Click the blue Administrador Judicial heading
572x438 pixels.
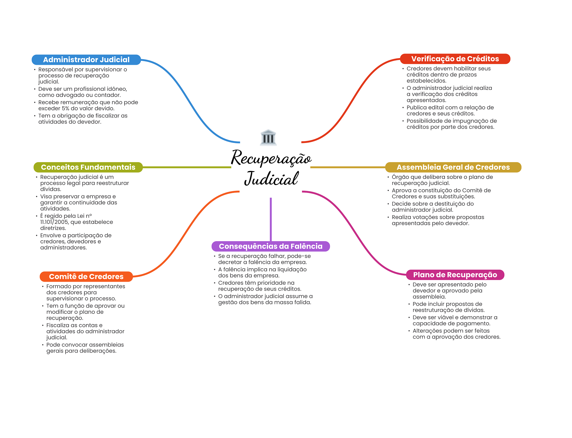point(86,60)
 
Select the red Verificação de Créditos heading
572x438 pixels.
point(455,59)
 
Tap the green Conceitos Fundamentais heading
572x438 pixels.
point(88,167)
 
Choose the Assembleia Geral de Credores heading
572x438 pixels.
point(453,167)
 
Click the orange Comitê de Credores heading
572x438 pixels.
point(86,277)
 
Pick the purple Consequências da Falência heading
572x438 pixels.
point(270,246)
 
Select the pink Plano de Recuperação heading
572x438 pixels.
point(455,275)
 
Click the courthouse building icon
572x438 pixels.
point(268,137)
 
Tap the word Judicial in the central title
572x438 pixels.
point(271,179)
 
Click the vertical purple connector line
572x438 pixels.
point(271,219)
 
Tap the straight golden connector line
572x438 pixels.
point(348,167)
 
